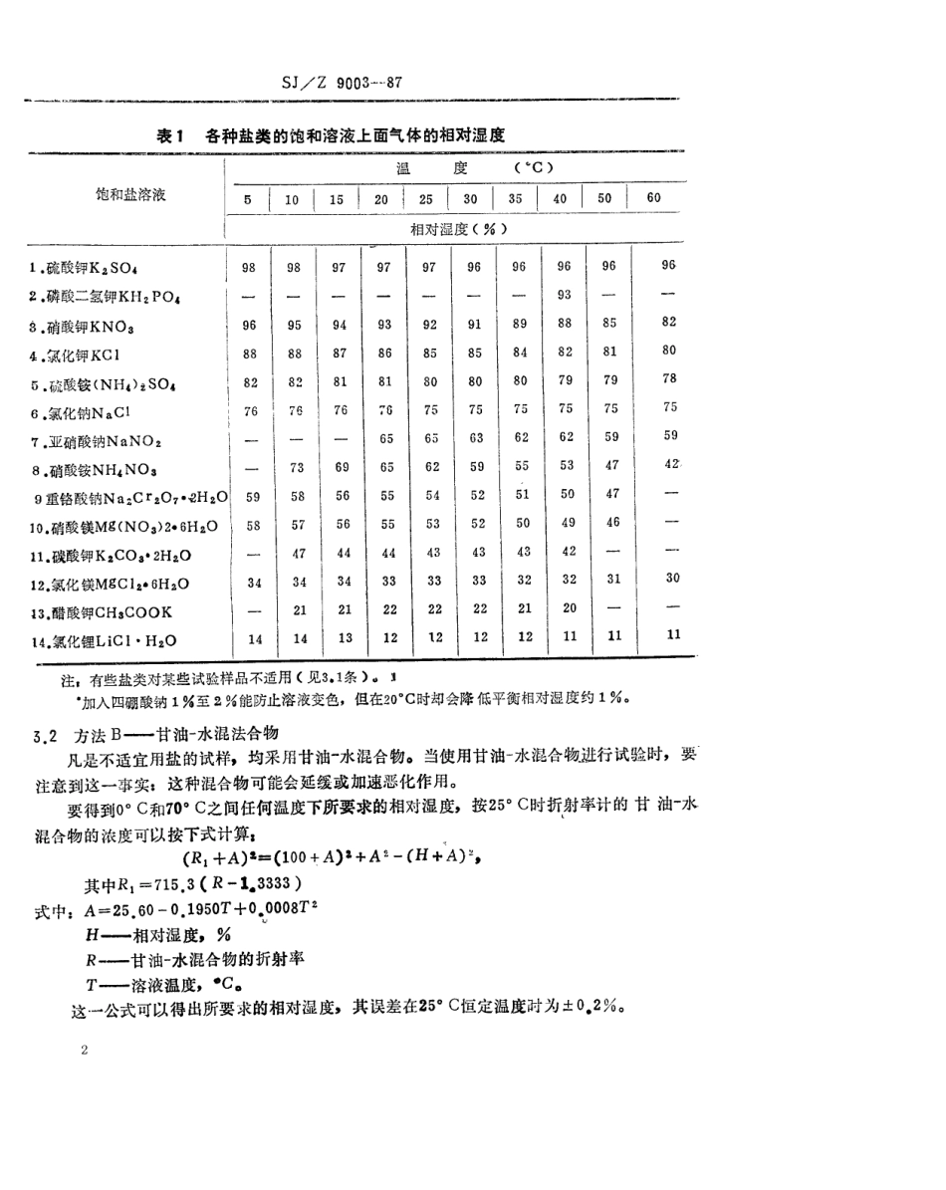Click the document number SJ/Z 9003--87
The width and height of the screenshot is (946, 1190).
point(342,84)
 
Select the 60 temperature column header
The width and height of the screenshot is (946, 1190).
point(653,197)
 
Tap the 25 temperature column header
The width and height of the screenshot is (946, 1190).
point(426,198)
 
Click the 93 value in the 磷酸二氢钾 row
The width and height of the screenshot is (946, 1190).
point(564,294)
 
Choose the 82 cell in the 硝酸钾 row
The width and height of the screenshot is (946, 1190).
point(668,321)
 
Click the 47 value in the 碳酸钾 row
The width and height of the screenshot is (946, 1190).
point(293,551)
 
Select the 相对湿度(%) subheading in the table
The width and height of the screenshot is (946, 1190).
point(453,229)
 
